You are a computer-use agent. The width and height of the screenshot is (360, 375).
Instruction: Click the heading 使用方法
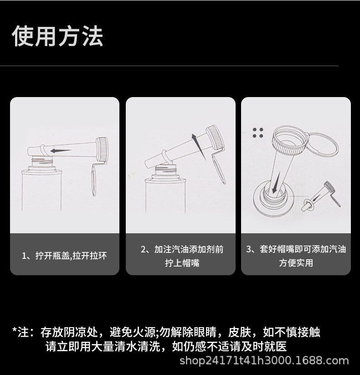[x=57, y=36]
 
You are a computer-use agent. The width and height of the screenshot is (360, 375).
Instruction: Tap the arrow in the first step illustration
[x=60, y=150]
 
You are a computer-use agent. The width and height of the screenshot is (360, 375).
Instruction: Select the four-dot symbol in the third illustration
[x=258, y=133]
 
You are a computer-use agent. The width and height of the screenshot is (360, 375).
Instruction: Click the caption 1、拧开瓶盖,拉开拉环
[x=64, y=256]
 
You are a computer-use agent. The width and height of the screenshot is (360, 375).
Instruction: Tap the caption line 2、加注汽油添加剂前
[x=182, y=250]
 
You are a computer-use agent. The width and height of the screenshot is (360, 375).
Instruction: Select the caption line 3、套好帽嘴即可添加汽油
[x=296, y=249]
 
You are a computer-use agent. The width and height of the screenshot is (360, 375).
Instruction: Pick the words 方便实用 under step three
[x=296, y=263]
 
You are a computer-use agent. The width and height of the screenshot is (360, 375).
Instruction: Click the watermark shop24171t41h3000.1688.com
[x=264, y=361]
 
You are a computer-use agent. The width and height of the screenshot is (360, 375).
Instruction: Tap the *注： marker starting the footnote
[x=23, y=332]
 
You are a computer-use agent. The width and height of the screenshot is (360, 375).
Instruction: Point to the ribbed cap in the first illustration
[x=103, y=149]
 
